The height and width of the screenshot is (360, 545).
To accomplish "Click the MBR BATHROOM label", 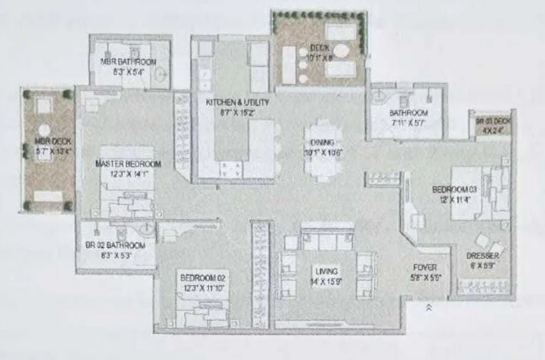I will (x=128, y=62).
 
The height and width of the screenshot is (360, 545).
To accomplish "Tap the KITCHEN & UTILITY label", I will (x=237, y=103).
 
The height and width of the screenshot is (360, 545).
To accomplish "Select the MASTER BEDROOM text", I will (x=128, y=163).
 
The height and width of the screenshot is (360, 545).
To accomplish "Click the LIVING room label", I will (x=326, y=271).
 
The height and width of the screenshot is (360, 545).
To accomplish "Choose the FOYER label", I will (x=424, y=267).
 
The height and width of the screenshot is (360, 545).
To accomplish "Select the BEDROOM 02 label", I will (x=203, y=278).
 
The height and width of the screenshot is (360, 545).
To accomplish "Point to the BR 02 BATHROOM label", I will (x=114, y=245).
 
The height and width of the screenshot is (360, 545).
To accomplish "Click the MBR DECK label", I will (x=45, y=143).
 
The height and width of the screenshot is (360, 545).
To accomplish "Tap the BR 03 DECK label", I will (x=494, y=121).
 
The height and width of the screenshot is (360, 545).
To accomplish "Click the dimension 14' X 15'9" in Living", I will (x=326, y=281).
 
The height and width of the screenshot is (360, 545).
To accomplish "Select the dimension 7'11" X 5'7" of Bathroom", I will (x=408, y=123).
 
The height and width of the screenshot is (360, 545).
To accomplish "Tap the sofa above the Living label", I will (x=327, y=240).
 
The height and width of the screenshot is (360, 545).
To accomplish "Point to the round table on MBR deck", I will (x=44, y=129).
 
